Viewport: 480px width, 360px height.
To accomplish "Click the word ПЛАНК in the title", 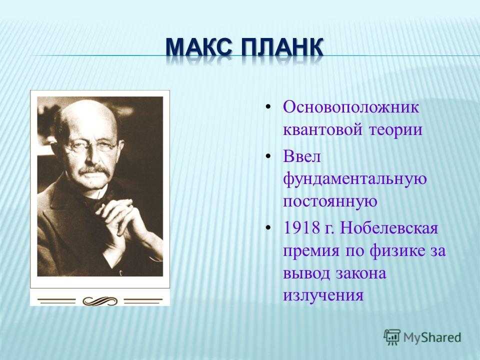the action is (282, 48).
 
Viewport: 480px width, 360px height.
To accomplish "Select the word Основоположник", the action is (351, 108).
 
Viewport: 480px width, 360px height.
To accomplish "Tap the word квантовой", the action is (321, 130).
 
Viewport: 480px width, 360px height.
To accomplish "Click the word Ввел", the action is (302, 156).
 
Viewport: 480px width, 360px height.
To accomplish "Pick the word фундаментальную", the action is (355, 179).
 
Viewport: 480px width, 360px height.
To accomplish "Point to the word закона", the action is (361, 273).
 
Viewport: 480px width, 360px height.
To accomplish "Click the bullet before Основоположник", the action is (268, 107).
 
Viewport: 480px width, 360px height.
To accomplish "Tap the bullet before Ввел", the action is (268, 156).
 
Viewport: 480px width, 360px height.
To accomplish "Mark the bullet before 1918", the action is (268, 228).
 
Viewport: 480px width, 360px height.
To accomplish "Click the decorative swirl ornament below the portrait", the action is (100, 301).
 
